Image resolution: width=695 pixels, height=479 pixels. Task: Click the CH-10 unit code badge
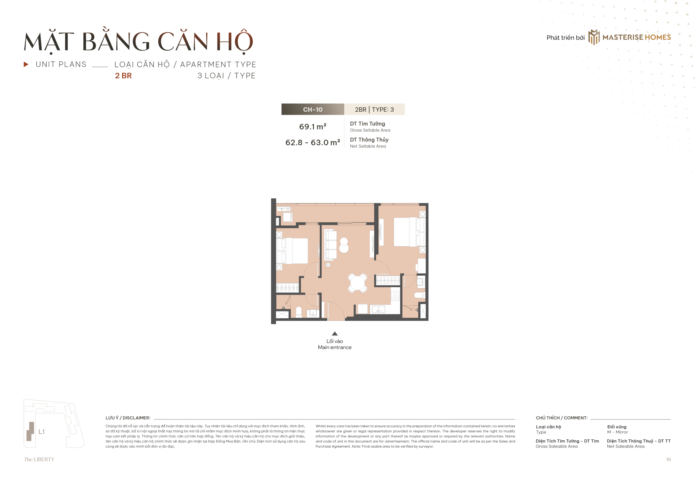(312, 109)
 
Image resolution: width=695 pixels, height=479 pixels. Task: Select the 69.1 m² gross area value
(312, 126)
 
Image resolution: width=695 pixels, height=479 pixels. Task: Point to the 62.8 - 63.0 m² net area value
(312, 142)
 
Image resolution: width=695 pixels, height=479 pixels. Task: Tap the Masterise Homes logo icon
(593, 37)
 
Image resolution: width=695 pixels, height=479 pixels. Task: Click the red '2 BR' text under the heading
(123, 76)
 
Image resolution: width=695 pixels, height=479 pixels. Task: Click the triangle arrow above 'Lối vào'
(335, 334)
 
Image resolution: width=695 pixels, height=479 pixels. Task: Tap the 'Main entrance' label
(334, 347)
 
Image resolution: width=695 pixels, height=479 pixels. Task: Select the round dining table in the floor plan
(357, 283)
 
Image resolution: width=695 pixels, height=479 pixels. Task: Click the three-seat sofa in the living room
(331, 244)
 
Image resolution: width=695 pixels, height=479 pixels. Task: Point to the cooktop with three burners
(395, 296)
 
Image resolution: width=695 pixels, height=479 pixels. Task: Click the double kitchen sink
(378, 309)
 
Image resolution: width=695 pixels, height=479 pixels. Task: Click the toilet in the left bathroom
(298, 312)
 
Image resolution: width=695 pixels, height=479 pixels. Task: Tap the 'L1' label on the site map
(42, 432)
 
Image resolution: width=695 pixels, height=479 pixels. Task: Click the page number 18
(668, 459)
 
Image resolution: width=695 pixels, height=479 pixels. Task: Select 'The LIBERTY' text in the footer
(39, 459)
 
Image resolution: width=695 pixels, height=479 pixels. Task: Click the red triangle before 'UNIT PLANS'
(26, 64)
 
